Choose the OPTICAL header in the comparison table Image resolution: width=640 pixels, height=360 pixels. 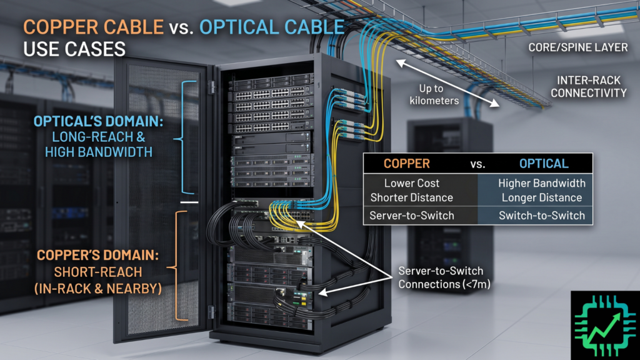point(544,164)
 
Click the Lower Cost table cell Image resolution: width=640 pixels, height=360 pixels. point(412,183)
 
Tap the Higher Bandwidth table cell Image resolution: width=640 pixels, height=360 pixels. point(542,183)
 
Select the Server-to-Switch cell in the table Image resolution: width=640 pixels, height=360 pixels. point(412,216)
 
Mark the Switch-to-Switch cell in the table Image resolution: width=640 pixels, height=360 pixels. point(542,216)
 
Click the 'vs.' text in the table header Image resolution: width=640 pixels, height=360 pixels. point(477,164)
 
